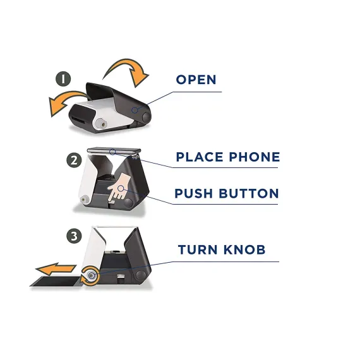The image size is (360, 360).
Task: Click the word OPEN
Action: [196, 80]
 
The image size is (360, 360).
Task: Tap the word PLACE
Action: [200, 157]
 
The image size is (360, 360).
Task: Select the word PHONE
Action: [255, 157]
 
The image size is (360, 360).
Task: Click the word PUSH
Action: [193, 193]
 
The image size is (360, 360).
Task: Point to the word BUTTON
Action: [249, 193]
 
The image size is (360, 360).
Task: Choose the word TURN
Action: [198, 249]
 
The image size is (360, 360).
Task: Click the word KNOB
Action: [244, 249]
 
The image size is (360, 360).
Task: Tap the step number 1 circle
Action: [63, 79]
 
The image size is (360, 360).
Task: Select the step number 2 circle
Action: [74, 160]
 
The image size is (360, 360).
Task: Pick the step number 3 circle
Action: [74, 236]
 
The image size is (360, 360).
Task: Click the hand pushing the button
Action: [119, 187]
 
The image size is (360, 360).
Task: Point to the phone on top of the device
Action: [114, 151]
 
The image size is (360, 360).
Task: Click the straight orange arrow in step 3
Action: [56, 269]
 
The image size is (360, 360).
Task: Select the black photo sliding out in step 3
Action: [56, 282]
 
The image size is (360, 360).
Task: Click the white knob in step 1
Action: [101, 124]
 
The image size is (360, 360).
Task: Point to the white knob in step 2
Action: [85, 199]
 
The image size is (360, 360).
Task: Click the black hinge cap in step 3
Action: [141, 275]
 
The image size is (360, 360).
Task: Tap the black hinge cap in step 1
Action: [147, 116]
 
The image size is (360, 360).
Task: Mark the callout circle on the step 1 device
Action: [135, 110]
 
